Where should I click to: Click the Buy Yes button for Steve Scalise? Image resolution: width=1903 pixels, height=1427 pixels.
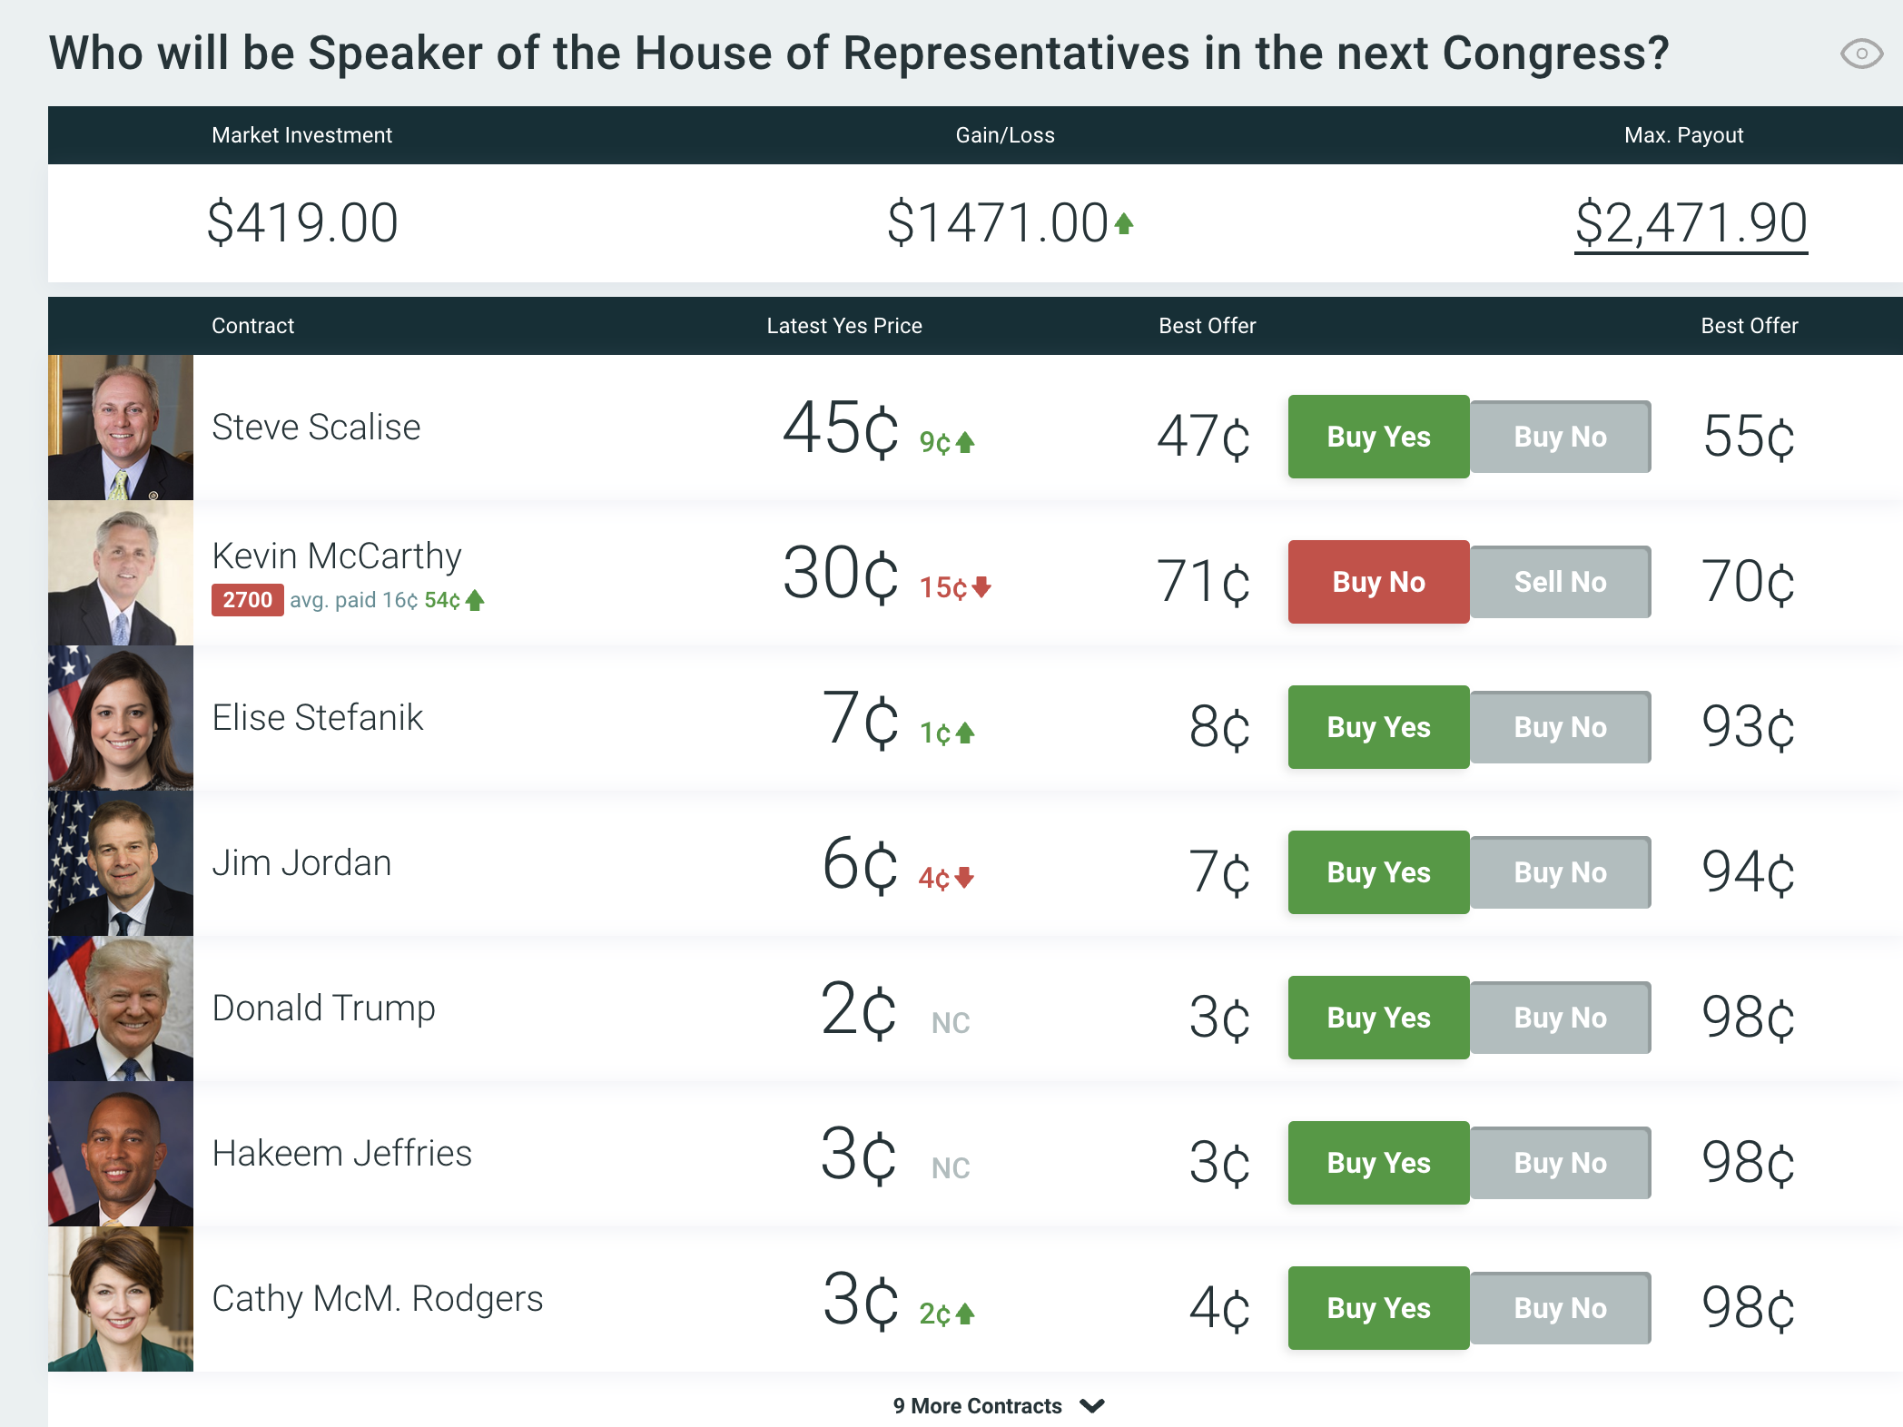click(1378, 437)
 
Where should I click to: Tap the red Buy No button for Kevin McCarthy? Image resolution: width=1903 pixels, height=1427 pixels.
click(1378, 582)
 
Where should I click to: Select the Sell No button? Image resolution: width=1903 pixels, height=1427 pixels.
click(1560, 582)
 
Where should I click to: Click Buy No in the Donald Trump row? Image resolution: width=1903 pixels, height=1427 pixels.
click(1560, 1018)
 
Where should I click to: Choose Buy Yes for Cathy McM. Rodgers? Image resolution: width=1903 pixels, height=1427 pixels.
click(1378, 1308)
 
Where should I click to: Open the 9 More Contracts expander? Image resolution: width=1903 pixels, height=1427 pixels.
click(999, 1406)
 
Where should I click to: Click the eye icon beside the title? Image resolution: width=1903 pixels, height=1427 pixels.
click(1861, 54)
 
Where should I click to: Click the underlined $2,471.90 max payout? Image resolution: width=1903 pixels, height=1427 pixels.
click(1691, 223)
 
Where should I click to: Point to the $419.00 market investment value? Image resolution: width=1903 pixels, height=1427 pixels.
click(302, 223)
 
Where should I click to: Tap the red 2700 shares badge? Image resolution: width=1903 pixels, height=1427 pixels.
click(247, 600)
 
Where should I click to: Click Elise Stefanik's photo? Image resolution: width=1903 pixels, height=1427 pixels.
click(121, 718)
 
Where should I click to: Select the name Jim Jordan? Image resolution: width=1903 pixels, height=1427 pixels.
click(301, 863)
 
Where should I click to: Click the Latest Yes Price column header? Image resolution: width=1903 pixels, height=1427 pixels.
click(843, 326)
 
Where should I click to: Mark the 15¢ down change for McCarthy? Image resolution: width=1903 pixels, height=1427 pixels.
click(954, 588)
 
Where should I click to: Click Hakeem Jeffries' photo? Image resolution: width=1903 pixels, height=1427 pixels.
click(121, 1154)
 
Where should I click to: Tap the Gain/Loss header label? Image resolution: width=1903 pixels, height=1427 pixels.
click(1004, 135)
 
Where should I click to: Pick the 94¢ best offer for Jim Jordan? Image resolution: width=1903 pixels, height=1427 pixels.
click(1748, 872)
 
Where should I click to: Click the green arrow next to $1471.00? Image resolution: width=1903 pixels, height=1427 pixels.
click(1124, 223)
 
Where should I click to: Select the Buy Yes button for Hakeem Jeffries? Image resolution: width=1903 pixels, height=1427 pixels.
click(1378, 1163)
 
